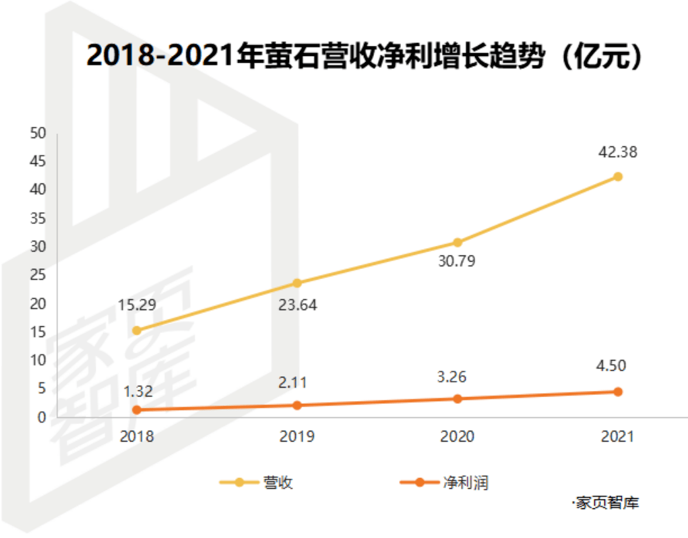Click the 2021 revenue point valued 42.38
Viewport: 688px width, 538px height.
[617, 177]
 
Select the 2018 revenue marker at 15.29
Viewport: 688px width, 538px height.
[137, 330]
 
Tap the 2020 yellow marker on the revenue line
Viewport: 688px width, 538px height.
[457, 242]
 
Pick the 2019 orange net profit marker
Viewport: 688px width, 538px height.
[297, 405]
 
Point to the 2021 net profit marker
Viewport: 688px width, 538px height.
[617, 392]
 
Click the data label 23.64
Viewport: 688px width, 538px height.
[297, 304]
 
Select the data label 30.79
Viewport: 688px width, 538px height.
[456, 261]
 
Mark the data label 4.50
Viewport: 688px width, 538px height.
[617, 366]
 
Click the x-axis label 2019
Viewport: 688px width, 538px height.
[297, 436]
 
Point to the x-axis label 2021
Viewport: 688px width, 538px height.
[617, 436]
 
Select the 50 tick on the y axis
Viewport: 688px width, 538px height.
[38, 133]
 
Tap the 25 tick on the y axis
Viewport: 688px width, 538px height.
[38, 275]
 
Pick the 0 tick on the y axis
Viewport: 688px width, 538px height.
[41, 417]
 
